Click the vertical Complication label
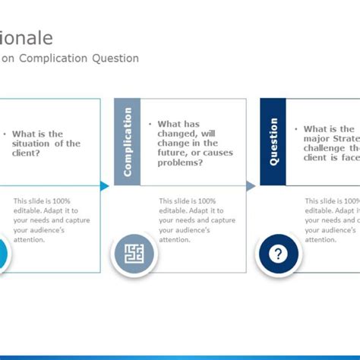128,142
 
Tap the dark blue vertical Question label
273,142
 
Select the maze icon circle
134,253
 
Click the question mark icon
279,253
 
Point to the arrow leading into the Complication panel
105,186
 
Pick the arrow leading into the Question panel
251,186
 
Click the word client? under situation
27,153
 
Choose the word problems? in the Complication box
181,163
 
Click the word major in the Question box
317,139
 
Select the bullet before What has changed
150,124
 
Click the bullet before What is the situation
5,134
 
